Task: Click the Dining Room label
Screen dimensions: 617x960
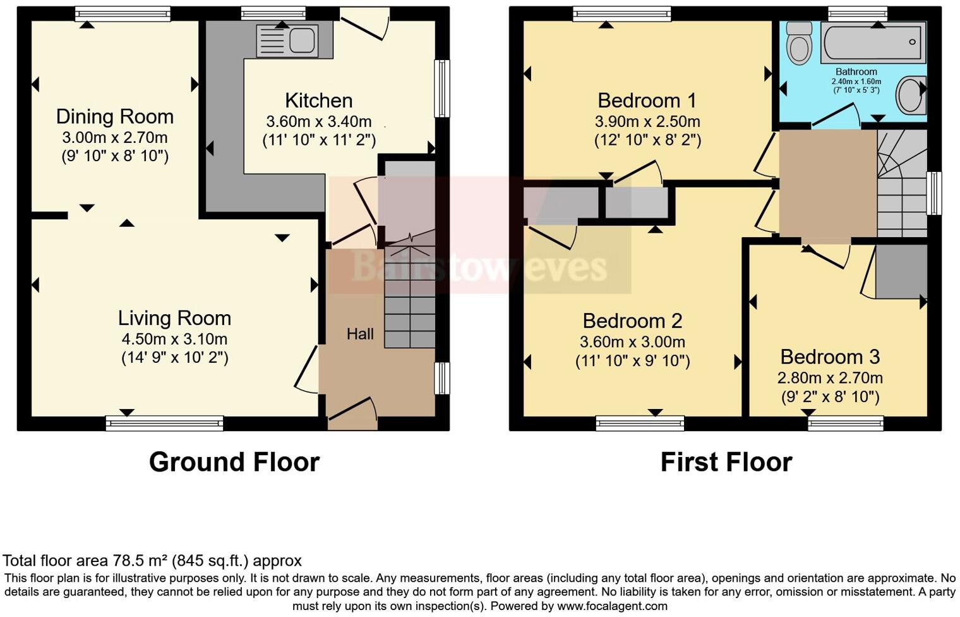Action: click(x=114, y=117)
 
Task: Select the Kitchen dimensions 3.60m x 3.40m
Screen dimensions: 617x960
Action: click(x=318, y=121)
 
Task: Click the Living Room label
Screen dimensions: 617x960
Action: click(x=174, y=318)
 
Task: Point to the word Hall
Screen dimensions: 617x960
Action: click(x=360, y=334)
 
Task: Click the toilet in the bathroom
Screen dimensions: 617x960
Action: click(x=800, y=43)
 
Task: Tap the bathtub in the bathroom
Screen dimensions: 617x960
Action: click(x=873, y=42)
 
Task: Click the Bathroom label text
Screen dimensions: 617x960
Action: click(x=856, y=72)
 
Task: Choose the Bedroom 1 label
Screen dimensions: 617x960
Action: click(x=647, y=101)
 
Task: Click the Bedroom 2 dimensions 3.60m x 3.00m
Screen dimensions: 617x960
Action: click(x=632, y=342)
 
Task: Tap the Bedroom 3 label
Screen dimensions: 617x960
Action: click(x=829, y=357)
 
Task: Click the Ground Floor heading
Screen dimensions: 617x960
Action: click(x=234, y=462)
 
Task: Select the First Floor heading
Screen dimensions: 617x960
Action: click(x=726, y=462)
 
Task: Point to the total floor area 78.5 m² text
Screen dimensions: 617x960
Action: click(x=152, y=561)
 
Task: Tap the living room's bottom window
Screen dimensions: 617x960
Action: click(x=164, y=423)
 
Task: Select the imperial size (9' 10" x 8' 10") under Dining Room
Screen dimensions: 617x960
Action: click(x=114, y=156)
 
